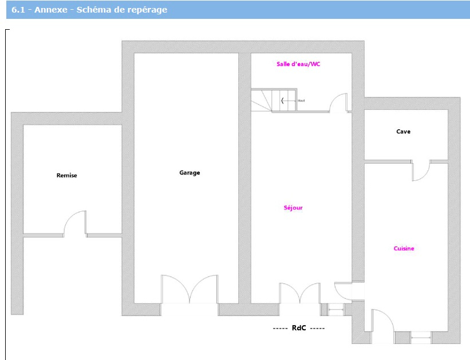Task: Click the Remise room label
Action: [x=66, y=176]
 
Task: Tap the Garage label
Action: [x=189, y=173]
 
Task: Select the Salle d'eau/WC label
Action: [x=298, y=64]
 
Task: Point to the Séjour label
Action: [x=293, y=208]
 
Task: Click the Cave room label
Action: [x=403, y=132]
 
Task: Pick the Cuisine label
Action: [x=404, y=248]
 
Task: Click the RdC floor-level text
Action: [x=299, y=329]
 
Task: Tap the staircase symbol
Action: [x=274, y=100]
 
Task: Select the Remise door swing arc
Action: [x=74, y=223]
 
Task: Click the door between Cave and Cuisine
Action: [x=421, y=170]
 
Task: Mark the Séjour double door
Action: [x=299, y=293]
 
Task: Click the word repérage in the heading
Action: [x=146, y=10]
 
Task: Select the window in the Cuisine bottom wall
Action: [x=420, y=337]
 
